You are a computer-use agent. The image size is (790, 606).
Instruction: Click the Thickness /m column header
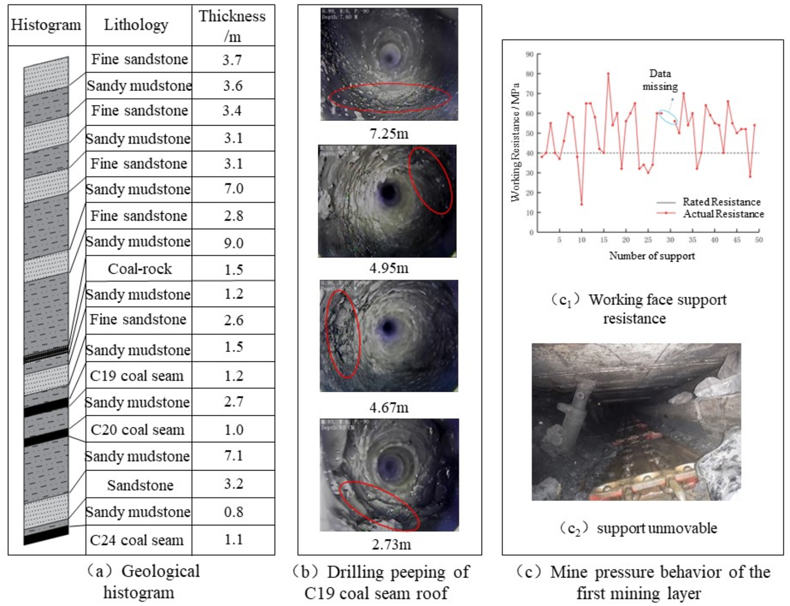tap(233, 26)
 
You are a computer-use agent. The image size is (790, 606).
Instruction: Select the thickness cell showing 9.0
tap(233, 243)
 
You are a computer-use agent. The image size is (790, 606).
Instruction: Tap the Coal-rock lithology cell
tap(140, 269)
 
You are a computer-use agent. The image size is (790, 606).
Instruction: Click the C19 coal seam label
tap(137, 376)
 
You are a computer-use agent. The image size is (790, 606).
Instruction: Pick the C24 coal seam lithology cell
tap(137, 540)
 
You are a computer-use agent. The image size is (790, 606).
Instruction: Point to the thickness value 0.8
tap(233, 512)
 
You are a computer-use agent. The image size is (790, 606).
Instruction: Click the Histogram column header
tap(46, 25)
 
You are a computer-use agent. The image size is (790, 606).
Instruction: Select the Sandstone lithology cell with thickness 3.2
tap(140, 485)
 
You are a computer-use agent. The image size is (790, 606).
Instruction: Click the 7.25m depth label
tap(389, 134)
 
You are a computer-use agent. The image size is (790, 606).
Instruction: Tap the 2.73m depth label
tap(391, 545)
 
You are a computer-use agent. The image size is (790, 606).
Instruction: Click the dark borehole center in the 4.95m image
tap(389, 193)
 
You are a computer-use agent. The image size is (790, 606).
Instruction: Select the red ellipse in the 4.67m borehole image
tap(343, 334)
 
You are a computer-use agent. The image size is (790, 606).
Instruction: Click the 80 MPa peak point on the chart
tap(608, 74)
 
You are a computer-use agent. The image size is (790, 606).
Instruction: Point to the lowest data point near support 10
tap(581, 204)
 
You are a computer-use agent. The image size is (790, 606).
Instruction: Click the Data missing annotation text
tap(660, 80)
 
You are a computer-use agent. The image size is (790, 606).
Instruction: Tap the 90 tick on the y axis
tap(530, 54)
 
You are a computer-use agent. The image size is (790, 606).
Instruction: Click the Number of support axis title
tap(652, 256)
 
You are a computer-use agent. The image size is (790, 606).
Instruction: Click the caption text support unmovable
tap(657, 528)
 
